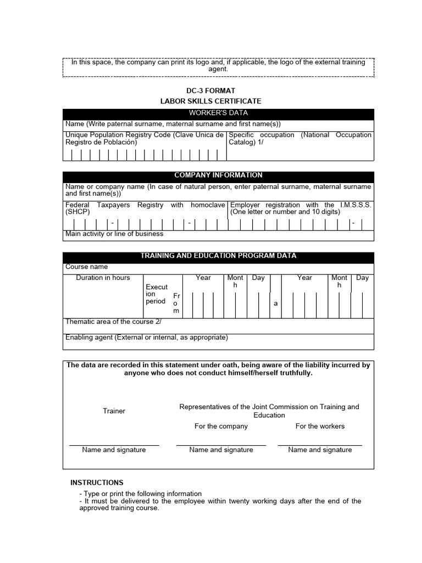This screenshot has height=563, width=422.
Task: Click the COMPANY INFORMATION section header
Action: coord(218,175)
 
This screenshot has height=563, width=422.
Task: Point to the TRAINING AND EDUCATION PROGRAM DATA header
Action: coord(218,256)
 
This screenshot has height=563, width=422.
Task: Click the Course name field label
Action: coord(87,267)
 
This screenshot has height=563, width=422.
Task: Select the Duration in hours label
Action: coord(103,278)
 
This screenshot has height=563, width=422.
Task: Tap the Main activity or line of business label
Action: coord(114,234)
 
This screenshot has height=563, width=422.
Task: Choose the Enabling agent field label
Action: coord(146,338)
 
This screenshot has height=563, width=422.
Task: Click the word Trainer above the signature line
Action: coord(114,411)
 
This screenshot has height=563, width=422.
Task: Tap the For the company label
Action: coord(221,426)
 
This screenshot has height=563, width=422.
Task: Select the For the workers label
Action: coord(320,426)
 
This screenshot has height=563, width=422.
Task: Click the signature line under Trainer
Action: coord(114,445)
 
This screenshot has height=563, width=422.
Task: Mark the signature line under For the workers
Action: coord(320,445)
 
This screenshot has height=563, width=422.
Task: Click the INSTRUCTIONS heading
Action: coord(97,483)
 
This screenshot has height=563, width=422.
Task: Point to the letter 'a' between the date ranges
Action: coord(276,303)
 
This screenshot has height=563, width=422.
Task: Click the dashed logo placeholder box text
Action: coord(218,65)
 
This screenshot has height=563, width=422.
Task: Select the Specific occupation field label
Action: coord(300,139)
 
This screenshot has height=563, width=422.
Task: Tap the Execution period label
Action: coord(156,294)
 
